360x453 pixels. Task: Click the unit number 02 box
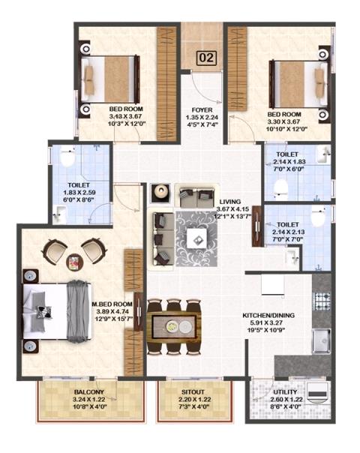pyautogui.click(x=207, y=58)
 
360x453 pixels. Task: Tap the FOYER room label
pyautogui.click(x=202, y=109)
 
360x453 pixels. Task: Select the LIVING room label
pyautogui.click(x=230, y=202)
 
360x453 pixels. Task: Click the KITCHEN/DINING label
pyautogui.click(x=268, y=315)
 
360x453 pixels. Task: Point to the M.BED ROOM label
pyautogui.click(x=112, y=304)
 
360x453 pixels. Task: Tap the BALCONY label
pyautogui.click(x=88, y=392)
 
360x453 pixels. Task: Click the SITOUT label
pyautogui.click(x=193, y=392)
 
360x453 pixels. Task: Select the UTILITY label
pyautogui.click(x=285, y=392)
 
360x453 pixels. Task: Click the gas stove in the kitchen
pyautogui.click(x=322, y=301)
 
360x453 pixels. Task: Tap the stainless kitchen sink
pyautogui.click(x=321, y=341)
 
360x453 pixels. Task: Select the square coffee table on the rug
pyautogui.click(x=197, y=238)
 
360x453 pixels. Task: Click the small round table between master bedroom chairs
pyautogui.click(x=74, y=262)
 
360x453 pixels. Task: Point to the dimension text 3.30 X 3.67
pyautogui.click(x=283, y=121)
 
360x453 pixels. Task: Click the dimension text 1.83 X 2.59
pyautogui.click(x=79, y=193)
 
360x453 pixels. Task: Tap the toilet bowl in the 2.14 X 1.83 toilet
pyautogui.click(x=281, y=187)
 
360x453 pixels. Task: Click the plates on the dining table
pyautogui.click(x=178, y=327)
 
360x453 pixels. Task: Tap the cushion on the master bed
pyautogui.click(x=44, y=312)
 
